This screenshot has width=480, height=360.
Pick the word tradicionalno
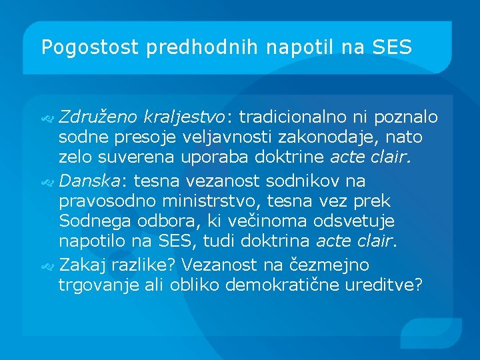293,118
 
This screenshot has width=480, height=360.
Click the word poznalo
406,118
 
